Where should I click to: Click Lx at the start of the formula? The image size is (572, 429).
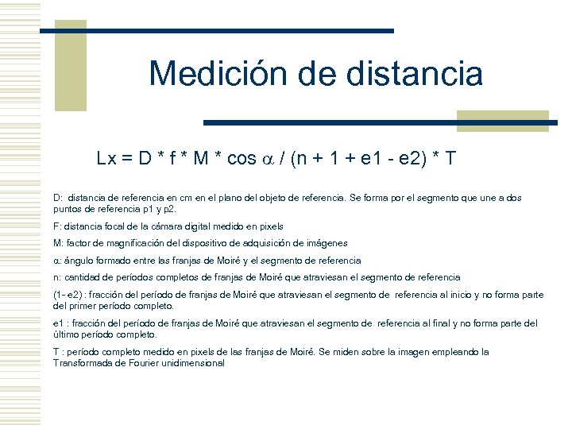pyautogui.click(x=107, y=159)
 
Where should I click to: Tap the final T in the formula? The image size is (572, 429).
pyautogui.click(x=451, y=159)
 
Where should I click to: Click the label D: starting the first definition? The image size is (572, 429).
pyautogui.click(x=57, y=197)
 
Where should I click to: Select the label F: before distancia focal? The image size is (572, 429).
pyautogui.click(x=56, y=226)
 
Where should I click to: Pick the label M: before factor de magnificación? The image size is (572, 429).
pyautogui.click(x=58, y=243)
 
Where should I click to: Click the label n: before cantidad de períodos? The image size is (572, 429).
pyautogui.click(x=56, y=277)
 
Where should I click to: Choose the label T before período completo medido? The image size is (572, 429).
pyautogui.click(x=56, y=352)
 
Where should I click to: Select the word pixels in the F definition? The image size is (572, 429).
pyautogui.click(x=269, y=226)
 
